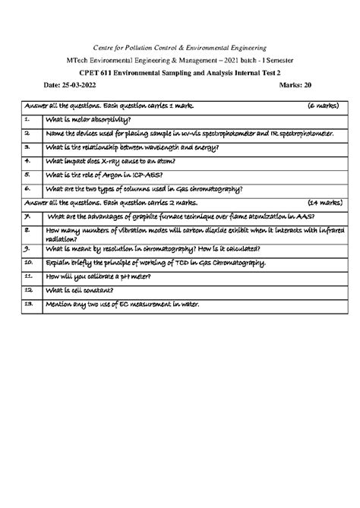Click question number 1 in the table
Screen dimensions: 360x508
coord(27,119)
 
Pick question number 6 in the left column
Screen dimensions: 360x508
coord(27,189)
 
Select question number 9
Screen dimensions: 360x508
coord(27,248)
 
